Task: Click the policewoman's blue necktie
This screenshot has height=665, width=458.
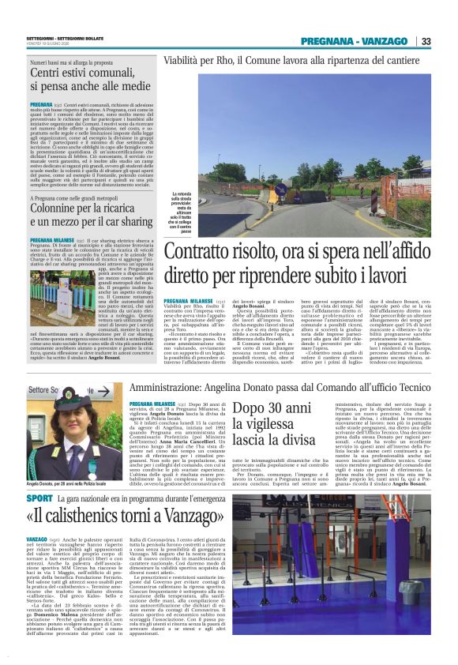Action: (x=71, y=459)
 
